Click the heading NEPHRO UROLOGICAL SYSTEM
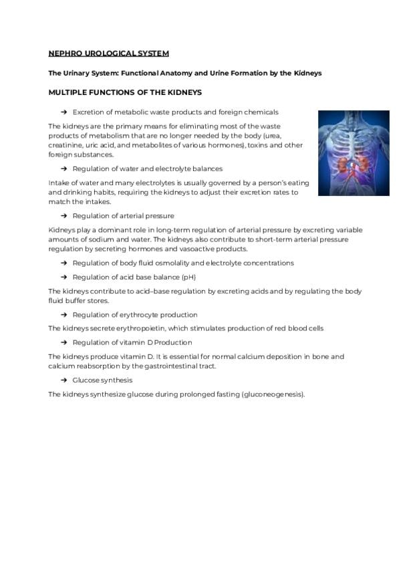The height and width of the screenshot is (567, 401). [108, 53]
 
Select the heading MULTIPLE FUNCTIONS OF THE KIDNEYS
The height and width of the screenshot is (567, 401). [125, 92]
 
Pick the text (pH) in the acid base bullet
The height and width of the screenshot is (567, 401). [189, 277]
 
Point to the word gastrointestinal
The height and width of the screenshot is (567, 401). [158, 366]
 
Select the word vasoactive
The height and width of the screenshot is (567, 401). [195, 249]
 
